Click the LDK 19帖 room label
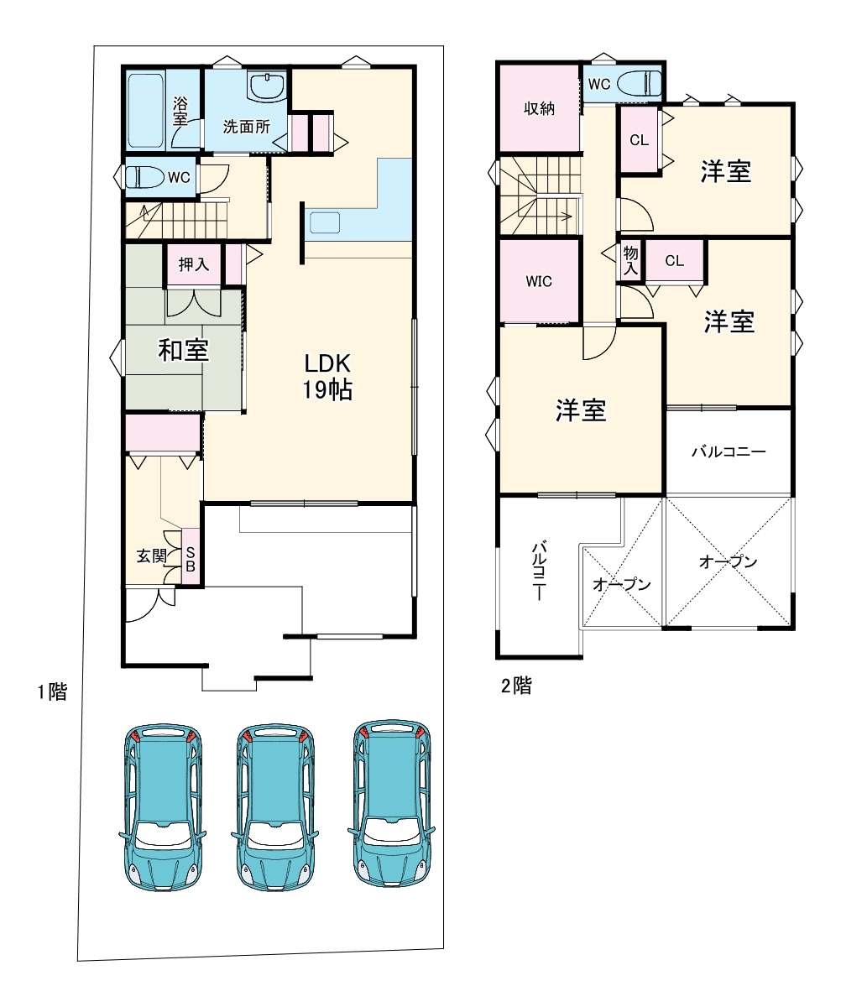(327, 377)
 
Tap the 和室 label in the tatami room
(183, 350)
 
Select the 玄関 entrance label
(152, 556)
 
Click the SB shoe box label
(190, 560)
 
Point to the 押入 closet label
(194, 263)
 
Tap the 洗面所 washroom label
(246, 127)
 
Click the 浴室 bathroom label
(180, 111)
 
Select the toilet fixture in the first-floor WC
(144, 177)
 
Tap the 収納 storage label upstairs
(539, 108)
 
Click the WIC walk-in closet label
(539, 281)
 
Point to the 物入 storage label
(630, 260)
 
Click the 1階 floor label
(52, 691)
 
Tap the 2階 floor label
(516, 686)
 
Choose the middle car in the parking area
(275, 811)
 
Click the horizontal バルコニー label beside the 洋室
(729, 452)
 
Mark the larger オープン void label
(728, 561)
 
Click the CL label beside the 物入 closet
(674, 261)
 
